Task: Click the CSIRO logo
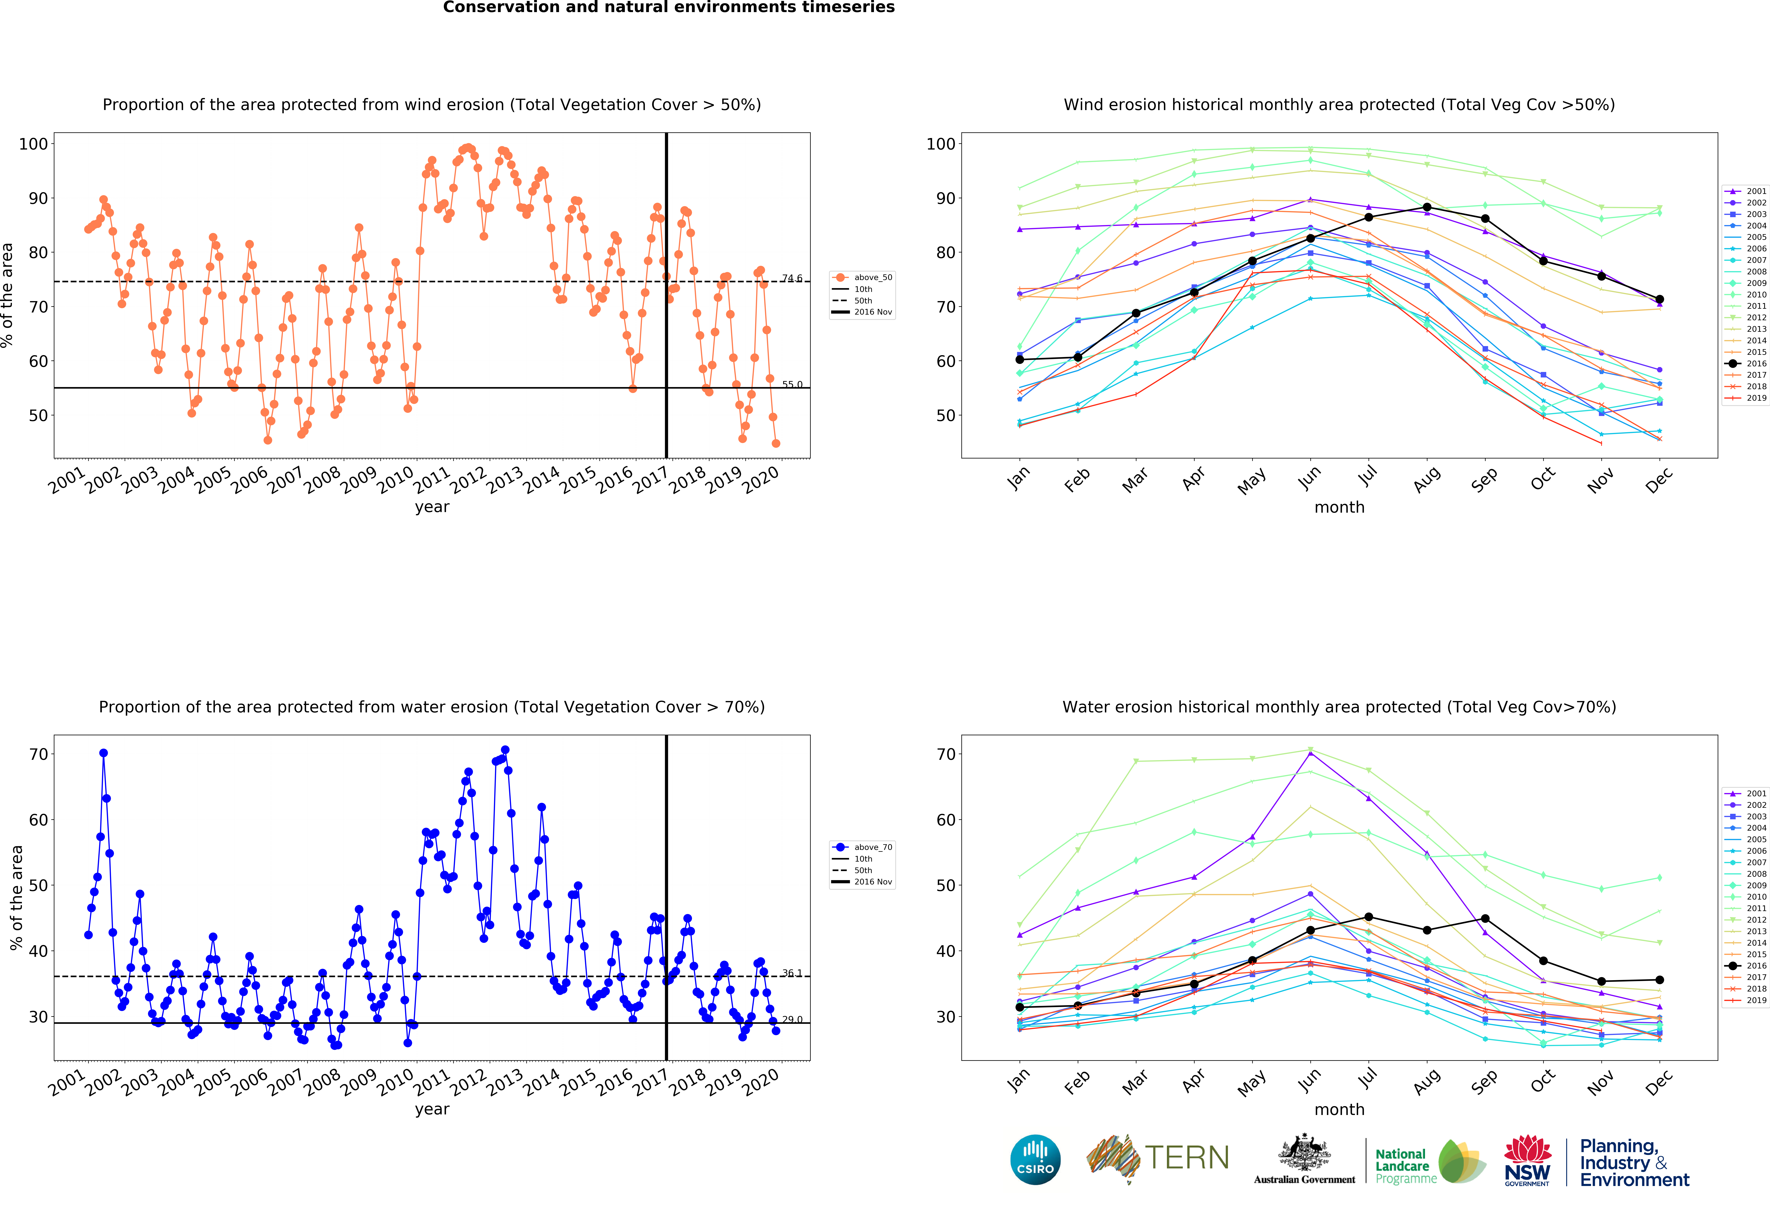1035,1160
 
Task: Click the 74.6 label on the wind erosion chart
792,279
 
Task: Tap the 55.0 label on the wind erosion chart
792,384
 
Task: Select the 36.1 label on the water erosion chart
792,973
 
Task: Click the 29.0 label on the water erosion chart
792,1019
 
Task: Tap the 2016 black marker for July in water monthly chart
1369,917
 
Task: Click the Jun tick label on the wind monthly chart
1309,477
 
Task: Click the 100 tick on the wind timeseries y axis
33,144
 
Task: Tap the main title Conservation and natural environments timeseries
669,8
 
